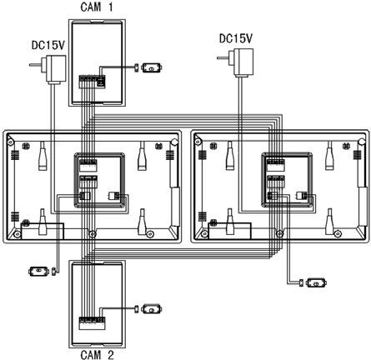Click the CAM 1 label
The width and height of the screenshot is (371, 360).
(97, 7)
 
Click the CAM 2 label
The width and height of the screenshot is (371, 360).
(97, 355)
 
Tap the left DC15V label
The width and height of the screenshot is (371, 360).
(48, 45)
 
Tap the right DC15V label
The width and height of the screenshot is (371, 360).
(236, 38)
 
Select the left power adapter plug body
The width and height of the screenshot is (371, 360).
(56, 69)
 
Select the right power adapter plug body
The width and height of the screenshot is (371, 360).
(243, 62)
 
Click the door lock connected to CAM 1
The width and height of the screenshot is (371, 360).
(152, 67)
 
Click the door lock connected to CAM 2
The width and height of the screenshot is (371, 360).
(152, 309)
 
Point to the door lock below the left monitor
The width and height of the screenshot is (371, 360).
(38, 271)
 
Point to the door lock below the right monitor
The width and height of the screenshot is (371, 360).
(316, 283)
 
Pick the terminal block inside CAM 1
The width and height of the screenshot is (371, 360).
(92, 82)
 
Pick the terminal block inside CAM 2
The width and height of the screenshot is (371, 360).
(92, 323)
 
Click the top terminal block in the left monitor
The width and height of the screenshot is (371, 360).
(88, 165)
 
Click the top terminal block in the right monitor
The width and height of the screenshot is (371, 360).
(276, 165)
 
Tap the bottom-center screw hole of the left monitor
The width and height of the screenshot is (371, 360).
(93, 234)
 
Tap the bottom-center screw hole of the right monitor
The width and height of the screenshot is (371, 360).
(279, 234)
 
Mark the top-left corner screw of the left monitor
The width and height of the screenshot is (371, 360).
(11, 142)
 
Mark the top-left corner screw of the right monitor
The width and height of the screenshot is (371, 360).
(198, 142)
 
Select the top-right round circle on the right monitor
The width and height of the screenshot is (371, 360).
(362, 142)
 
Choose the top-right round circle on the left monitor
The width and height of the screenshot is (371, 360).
(174, 142)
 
